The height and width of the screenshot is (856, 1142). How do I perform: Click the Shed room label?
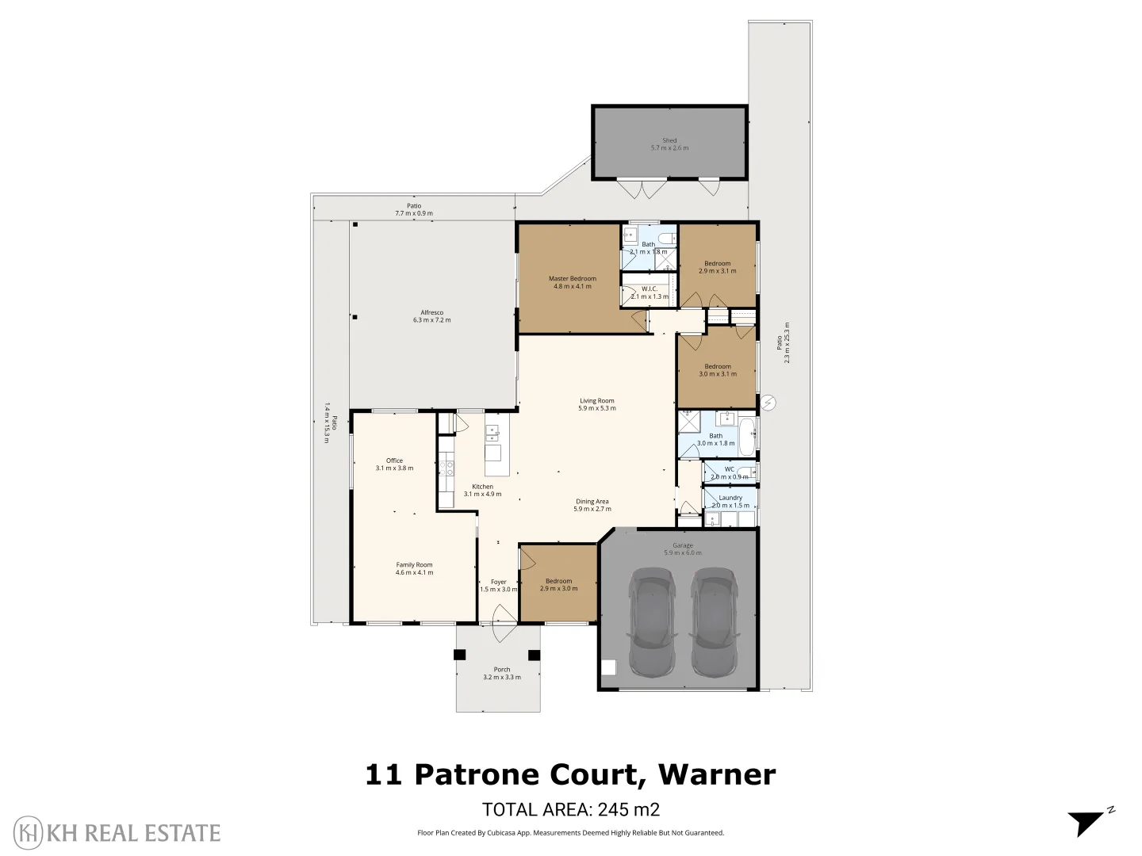coord(669,144)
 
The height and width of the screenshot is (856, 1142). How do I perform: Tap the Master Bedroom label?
coord(572,282)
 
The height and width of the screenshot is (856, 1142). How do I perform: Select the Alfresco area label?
coord(431,316)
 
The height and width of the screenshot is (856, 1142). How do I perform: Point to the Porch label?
coord(502,673)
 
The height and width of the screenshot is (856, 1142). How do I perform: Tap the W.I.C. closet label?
coord(650,292)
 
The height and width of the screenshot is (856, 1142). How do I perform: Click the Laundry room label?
coord(730,501)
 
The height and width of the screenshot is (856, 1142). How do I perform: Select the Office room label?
coord(394,464)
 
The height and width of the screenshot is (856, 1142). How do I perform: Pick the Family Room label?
coord(414,568)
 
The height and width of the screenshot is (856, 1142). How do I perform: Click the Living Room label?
coord(596,404)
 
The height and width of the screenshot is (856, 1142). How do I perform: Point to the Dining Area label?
coord(592,505)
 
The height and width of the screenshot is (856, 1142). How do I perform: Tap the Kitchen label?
coord(482,490)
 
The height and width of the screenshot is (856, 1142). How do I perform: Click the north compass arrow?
coord(1086,822)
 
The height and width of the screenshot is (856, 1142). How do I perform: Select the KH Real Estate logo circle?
coord(29,832)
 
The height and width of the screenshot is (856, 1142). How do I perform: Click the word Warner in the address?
coord(717,774)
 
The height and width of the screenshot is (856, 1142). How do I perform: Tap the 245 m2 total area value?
coord(628,809)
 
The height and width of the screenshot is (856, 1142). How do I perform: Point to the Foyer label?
coord(498,585)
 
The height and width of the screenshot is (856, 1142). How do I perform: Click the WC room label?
coord(729,472)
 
